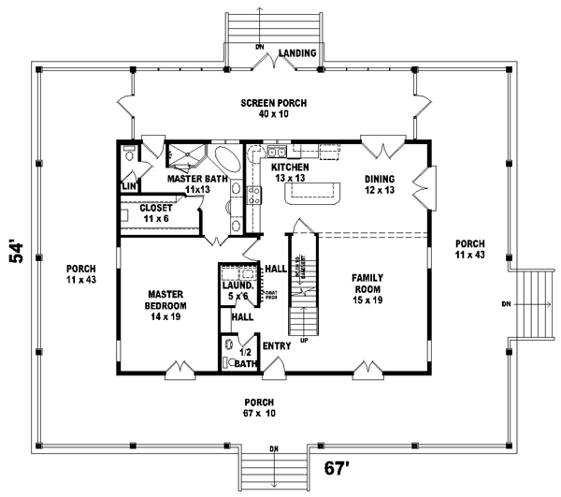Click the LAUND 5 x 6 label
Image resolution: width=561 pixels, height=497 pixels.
pos(236,289)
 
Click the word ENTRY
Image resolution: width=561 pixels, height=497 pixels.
pos(277,345)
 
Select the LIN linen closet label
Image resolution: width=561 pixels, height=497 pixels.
pos(128,186)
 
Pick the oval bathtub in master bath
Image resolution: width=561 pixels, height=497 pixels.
pos(227,157)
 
